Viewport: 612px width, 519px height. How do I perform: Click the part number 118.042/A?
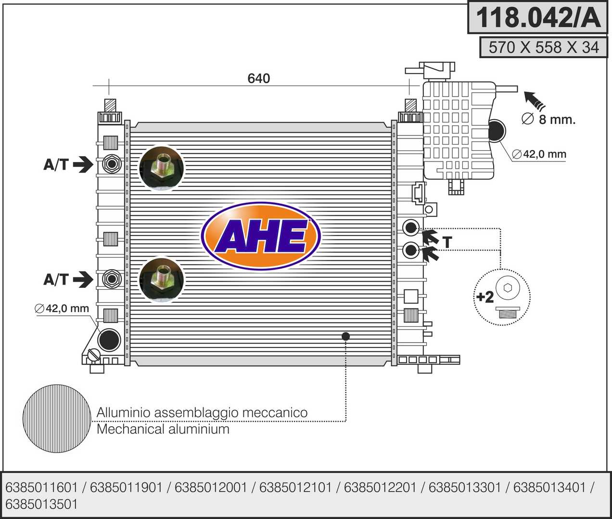(x=538, y=17)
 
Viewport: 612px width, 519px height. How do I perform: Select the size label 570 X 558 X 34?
(x=544, y=47)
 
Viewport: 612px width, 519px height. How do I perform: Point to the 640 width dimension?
(x=258, y=78)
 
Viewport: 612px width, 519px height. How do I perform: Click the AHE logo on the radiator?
(x=261, y=235)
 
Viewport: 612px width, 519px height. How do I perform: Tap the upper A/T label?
(x=56, y=164)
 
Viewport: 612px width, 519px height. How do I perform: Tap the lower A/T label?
(x=56, y=279)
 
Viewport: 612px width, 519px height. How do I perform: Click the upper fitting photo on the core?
(x=161, y=168)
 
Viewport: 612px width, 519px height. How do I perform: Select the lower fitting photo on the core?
(x=161, y=280)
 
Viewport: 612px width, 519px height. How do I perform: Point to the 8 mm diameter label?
(x=548, y=119)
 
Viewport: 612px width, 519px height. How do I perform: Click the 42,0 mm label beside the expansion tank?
(x=539, y=154)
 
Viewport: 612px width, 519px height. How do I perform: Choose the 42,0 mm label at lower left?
(x=62, y=309)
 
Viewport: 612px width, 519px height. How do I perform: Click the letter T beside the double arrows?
(x=447, y=242)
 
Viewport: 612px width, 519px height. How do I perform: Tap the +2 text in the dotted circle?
(x=485, y=297)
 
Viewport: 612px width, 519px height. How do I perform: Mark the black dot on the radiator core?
(x=345, y=336)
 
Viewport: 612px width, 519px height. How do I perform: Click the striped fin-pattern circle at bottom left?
(x=57, y=419)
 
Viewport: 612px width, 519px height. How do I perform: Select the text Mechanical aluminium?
(x=163, y=429)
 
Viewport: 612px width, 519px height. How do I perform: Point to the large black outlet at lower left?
(x=109, y=340)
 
